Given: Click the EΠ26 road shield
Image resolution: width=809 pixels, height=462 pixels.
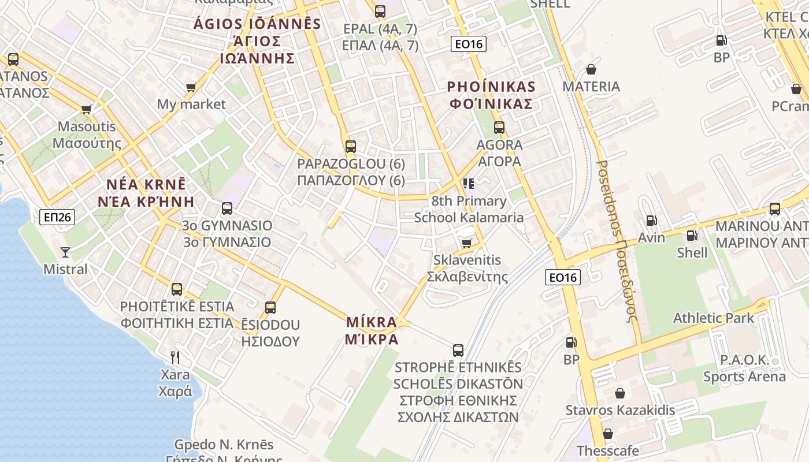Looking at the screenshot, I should point(57,217).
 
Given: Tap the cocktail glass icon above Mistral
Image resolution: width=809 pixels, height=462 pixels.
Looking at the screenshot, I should point(65,252).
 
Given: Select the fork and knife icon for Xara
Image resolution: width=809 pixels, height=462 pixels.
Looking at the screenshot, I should point(175,357).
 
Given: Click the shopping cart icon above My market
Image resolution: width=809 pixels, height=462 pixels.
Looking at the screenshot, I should point(191,87).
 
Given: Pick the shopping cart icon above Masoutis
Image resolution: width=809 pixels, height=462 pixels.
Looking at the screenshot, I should point(87,109).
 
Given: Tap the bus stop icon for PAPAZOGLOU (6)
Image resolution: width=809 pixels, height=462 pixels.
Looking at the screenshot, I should point(350,147).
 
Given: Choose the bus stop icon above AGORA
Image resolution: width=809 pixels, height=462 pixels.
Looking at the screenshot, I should point(499,128).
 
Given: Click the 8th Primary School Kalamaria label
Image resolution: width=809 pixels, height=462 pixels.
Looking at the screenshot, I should point(469,209).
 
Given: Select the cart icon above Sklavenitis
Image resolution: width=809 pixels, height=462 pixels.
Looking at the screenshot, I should point(466,243).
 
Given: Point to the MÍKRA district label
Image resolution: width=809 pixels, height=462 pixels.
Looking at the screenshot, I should point(372,330).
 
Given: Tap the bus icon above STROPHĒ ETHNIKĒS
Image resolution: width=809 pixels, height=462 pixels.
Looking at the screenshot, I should point(458,350).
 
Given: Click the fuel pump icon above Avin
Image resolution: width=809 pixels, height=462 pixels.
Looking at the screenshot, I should point(651,221).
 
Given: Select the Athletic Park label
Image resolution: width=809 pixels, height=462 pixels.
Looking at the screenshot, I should point(713,318).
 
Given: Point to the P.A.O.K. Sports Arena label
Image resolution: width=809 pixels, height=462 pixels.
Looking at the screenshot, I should point(744,368).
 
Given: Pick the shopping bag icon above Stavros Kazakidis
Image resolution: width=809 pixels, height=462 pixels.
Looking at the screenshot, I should point(620,393).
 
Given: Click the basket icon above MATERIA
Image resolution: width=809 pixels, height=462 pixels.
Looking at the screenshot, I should point(591,69).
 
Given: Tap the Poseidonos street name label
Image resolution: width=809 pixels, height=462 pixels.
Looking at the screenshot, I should point(617,241).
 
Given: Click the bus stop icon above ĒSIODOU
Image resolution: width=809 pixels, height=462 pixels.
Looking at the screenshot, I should point(270,308).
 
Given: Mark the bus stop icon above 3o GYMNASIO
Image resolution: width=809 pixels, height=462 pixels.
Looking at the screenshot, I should point(227,208).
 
